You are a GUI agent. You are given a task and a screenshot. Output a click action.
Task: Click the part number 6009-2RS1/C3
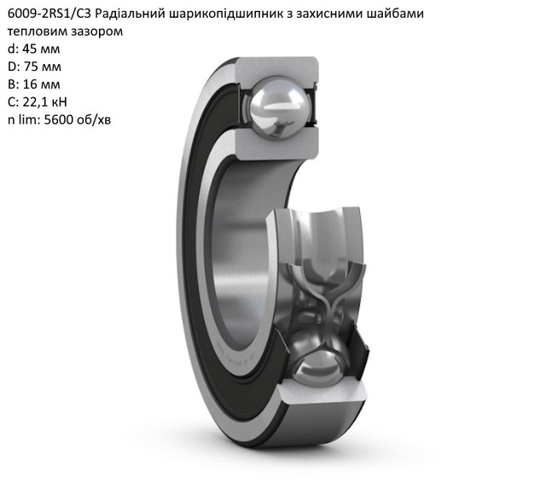pyautogui.click(x=49, y=14)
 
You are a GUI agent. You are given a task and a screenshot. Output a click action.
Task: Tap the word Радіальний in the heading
pyautogui.click(x=129, y=14)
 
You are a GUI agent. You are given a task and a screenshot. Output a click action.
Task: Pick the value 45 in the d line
pyautogui.click(x=30, y=49)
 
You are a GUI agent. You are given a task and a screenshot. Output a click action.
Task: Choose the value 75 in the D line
pyautogui.click(x=32, y=67)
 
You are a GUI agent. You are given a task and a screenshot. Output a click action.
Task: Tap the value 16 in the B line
pyautogui.click(x=31, y=84)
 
